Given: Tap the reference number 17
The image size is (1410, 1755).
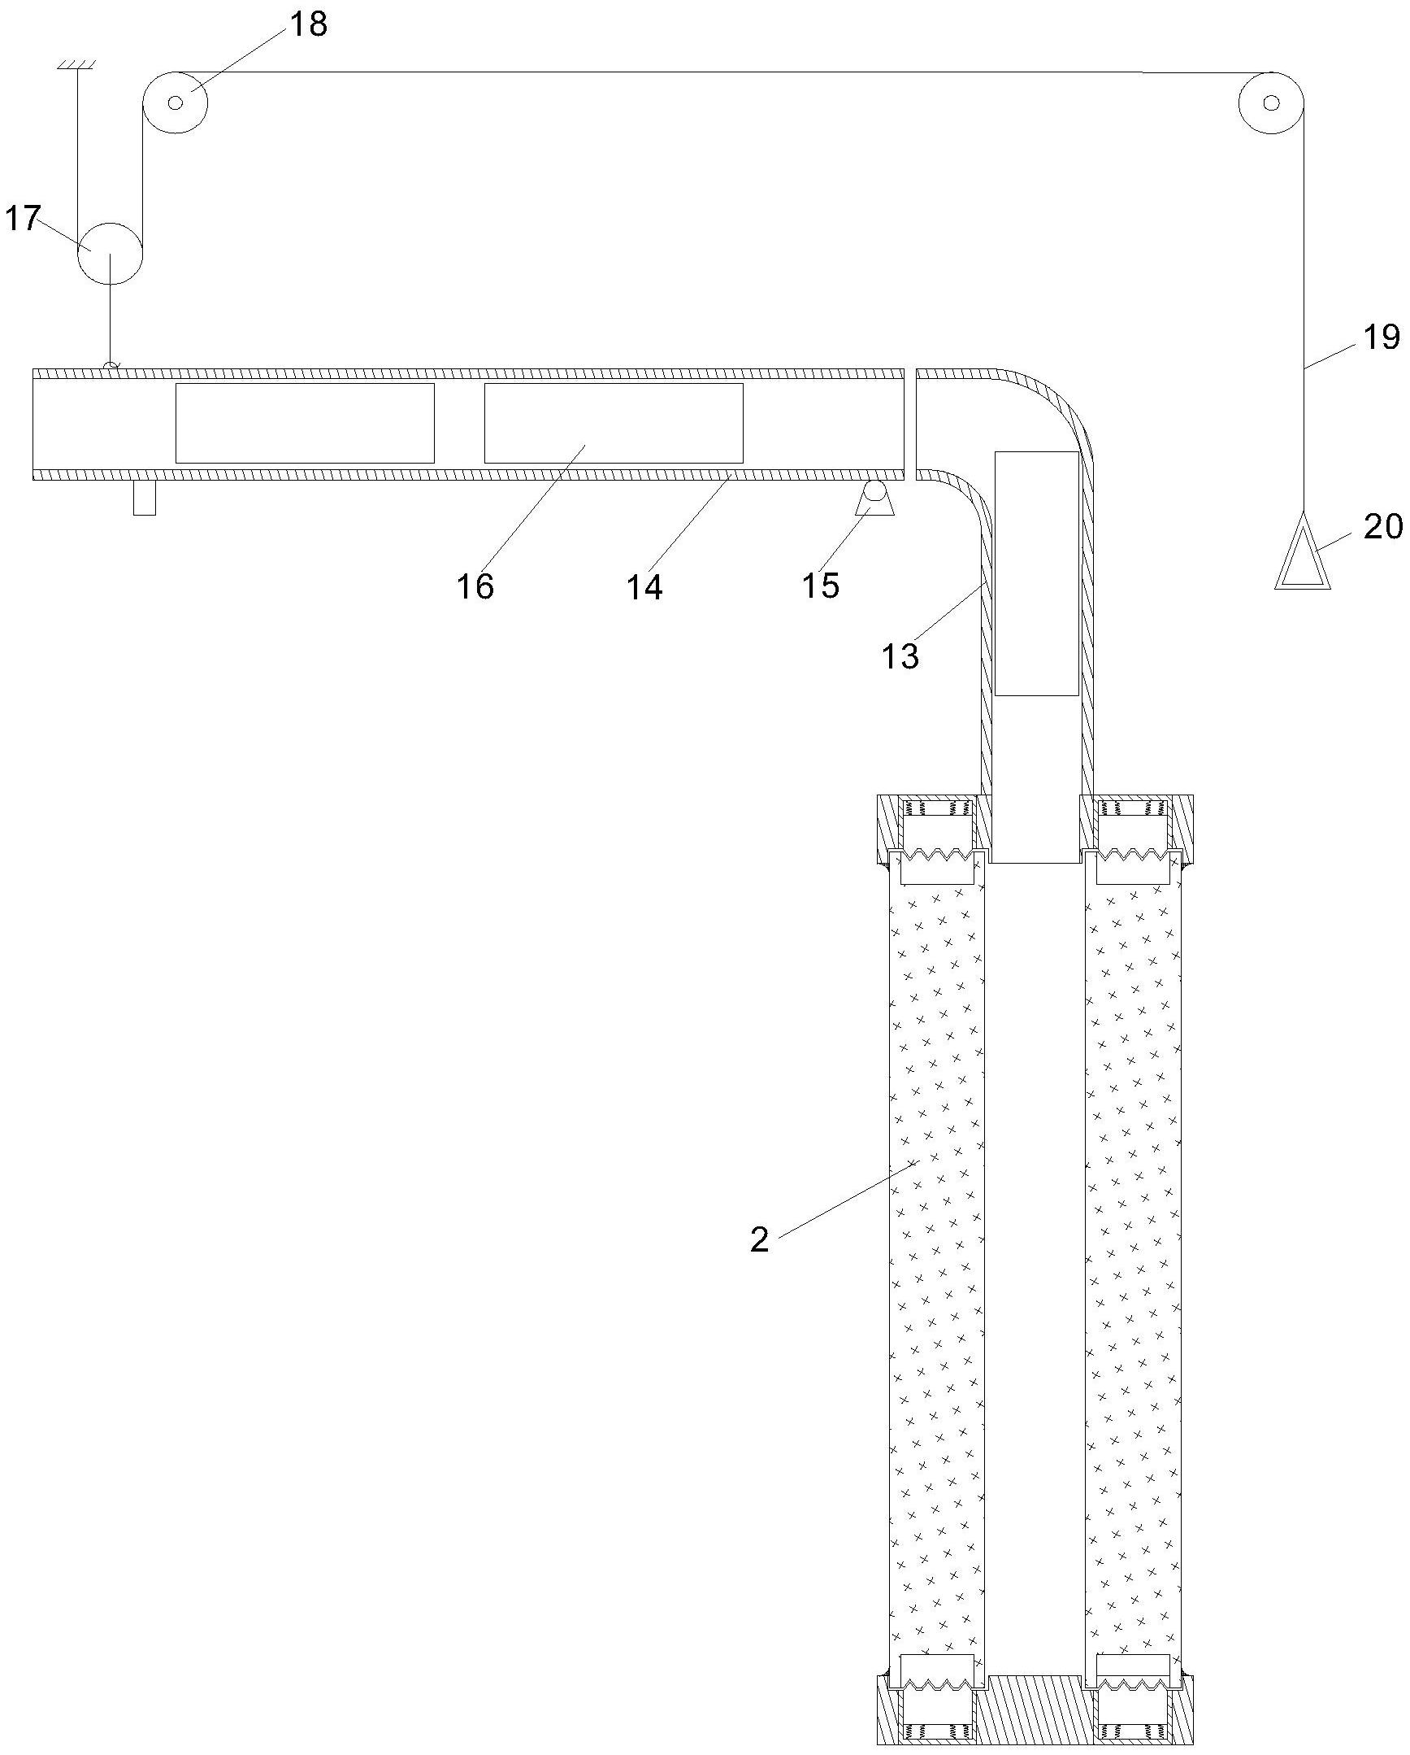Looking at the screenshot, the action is tap(22, 218).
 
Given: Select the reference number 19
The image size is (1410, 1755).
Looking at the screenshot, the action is tap(1381, 336).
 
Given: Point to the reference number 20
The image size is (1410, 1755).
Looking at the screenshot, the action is tap(1383, 527).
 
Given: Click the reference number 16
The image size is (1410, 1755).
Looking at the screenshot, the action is tap(475, 586).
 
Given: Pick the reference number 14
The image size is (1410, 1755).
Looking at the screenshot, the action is tap(644, 586).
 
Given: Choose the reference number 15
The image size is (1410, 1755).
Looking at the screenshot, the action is tap(820, 585).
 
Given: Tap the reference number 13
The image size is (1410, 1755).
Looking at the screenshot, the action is tap(900, 655).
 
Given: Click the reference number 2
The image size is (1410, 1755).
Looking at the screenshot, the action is tap(759, 1239).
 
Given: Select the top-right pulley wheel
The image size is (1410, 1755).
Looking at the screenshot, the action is tap(1271, 102).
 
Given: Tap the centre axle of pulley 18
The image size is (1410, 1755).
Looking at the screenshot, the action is tap(175, 102).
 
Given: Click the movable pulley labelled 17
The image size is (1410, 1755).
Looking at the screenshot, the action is tap(111, 252).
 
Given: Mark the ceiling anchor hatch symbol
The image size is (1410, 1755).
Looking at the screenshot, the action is tap(77, 63).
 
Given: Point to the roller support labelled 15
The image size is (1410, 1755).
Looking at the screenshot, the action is tap(874, 499).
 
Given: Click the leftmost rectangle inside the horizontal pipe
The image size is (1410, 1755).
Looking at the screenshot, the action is tap(304, 423).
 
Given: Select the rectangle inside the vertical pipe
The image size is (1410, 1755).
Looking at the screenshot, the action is tap(1036, 574).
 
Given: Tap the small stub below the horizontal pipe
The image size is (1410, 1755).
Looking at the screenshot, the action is tap(144, 499).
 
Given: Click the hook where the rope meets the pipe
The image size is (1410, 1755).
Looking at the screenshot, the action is tap(111, 365).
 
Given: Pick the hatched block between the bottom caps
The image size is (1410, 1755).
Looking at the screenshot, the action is tap(1034, 1708).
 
